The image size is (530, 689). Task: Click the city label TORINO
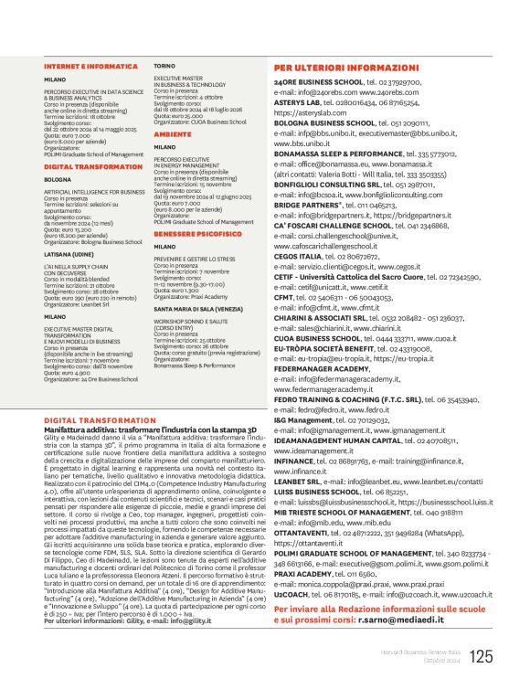point(164,67)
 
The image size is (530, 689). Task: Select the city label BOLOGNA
point(58,179)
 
